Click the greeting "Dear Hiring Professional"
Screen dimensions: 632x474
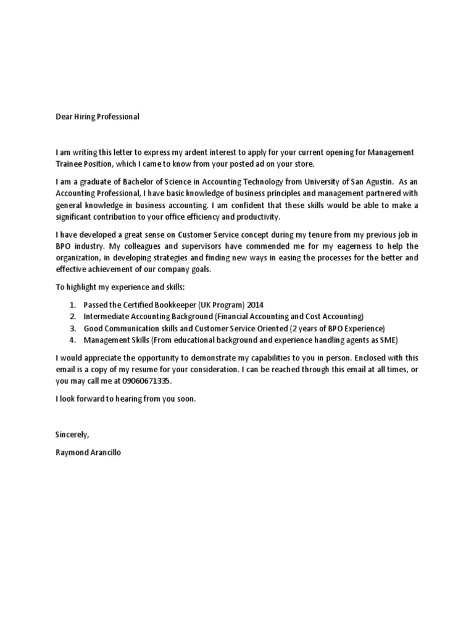98,117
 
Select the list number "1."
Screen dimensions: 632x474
73,305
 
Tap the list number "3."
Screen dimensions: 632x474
73,328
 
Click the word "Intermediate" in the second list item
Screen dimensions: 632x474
107,317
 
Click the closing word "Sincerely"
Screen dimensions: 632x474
72,435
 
